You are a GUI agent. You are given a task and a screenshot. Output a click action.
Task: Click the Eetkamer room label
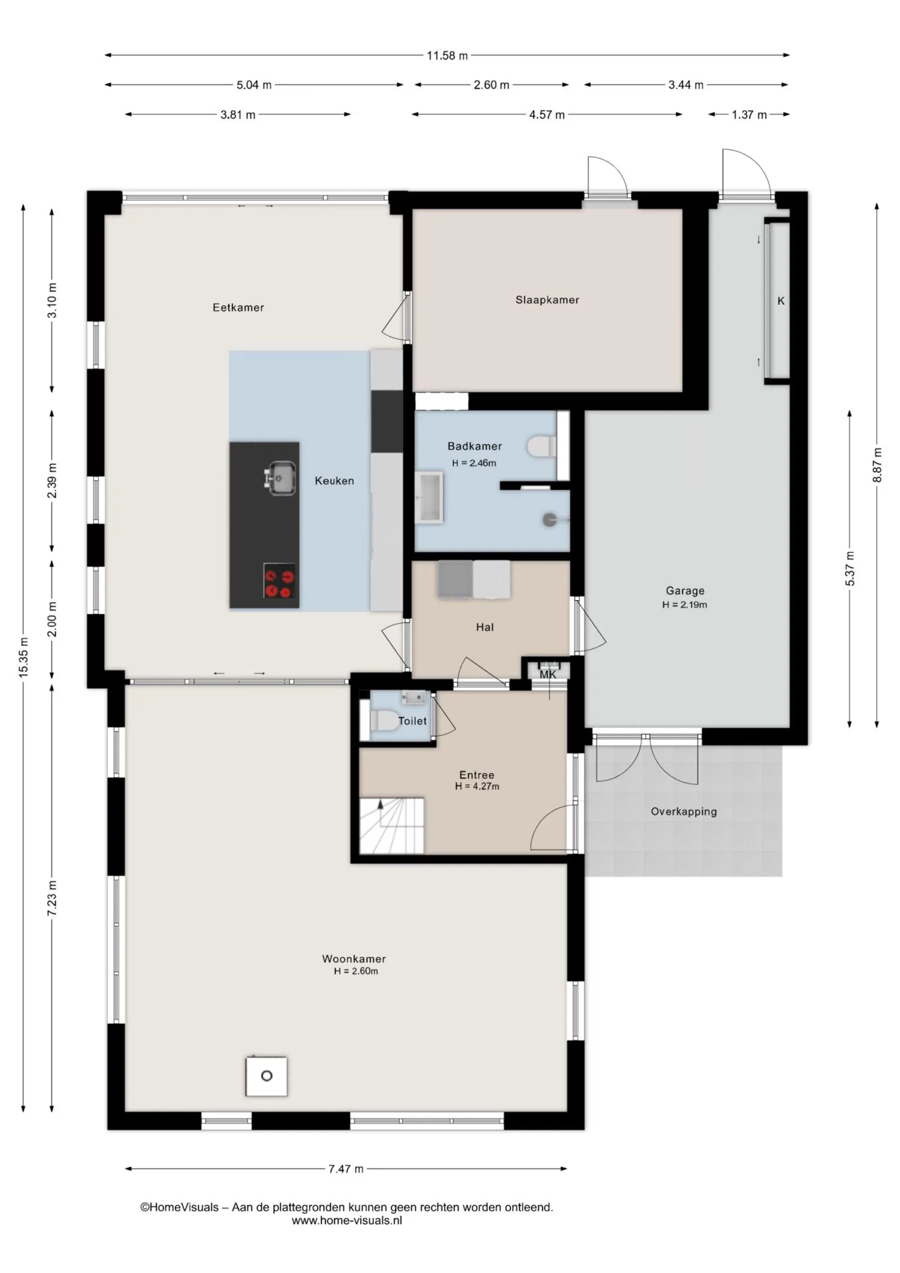pyautogui.click(x=238, y=308)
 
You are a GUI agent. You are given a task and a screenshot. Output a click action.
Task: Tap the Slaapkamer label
pyautogui.click(x=547, y=300)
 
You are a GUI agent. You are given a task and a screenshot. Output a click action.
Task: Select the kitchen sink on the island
pyautogui.click(x=280, y=477)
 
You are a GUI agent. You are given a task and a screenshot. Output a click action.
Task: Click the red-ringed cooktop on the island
pyautogui.click(x=279, y=581)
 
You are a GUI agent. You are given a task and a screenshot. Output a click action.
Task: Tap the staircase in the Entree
pyautogui.click(x=392, y=825)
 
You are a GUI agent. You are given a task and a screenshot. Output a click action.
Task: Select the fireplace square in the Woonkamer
pyautogui.click(x=266, y=1075)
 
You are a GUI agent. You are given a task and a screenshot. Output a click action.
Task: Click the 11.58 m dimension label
pyautogui.click(x=447, y=56)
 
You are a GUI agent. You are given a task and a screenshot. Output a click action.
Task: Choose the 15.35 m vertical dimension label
pyautogui.click(x=24, y=657)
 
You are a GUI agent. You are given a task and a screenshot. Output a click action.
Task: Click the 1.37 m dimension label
pyautogui.click(x=749, y=115)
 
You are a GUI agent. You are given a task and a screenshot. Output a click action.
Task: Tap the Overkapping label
pyautogui.click(x=684, y=812)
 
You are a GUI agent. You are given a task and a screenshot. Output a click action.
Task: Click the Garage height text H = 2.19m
pyautogui.click(x=685, y=605)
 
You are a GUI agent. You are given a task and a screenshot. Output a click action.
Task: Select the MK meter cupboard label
pyautogui.click(x=548, y=675)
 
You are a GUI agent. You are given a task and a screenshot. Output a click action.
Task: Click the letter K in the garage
pyautogui.click(x=781, y=301)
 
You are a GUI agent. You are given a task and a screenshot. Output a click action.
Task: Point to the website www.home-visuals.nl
pyautogui.click(x=347, y=1220)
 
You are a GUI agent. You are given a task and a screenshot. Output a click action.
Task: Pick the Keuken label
pyautogui.click(x=334, y=481)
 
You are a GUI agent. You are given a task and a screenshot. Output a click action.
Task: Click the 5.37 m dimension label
pyautogui.click(x=850, y=568)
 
